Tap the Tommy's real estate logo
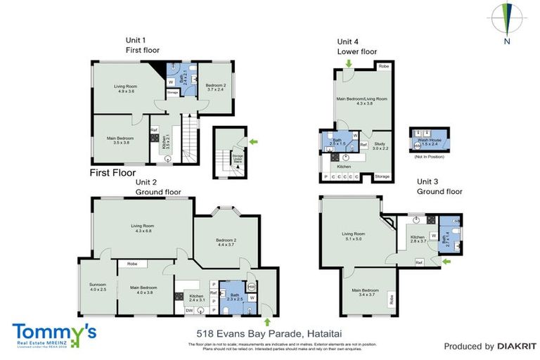point(53,333)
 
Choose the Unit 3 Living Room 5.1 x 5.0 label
point(353,236)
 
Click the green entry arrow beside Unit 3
point(446,262)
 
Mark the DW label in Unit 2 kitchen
point(188,310)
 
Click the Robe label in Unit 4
point(383,66)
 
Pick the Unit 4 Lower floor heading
point(356,46)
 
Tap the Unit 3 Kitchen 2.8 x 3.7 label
point(418,240)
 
